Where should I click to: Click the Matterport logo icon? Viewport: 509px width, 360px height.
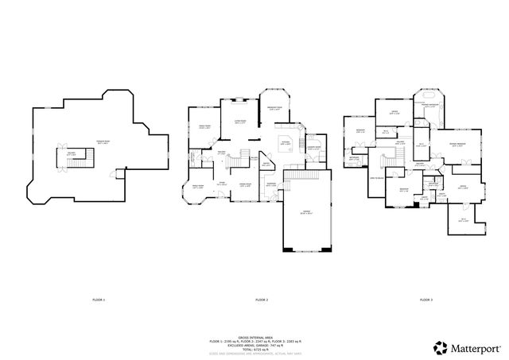pos(439,346)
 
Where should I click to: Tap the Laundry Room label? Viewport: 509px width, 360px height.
pos(313,147)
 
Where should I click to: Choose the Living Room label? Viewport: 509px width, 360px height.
pos(239,122)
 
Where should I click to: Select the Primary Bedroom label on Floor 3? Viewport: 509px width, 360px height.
pos(457,144)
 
